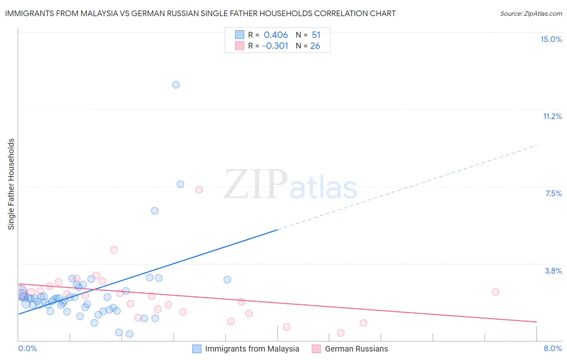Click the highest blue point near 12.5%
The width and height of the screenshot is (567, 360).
(x=176, y=85)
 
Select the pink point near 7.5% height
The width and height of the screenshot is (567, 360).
(x=199, y=190)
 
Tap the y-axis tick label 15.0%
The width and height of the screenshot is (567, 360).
(x=551, y=39)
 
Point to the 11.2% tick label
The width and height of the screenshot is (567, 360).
(x=552, y=116)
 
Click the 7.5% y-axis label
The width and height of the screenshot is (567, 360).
(x=553, y=193)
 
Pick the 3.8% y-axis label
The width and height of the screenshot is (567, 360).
(x=553, y=271)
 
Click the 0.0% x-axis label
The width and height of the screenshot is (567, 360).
(x=28, y=348)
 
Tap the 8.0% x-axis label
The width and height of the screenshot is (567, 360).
(x=552, y=348)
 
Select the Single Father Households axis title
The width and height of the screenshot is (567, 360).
(x=11, y=184)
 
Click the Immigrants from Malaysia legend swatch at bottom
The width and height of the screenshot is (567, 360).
(x=197, y=349)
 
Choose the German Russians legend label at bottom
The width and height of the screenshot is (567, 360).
(x=356, y=349)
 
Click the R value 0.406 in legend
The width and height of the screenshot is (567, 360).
(x=276, y=35)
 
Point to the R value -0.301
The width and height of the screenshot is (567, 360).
(x=275, y=46)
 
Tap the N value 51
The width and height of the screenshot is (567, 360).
(x=316, y=35)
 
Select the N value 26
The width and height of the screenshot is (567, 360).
(x=315, y=46)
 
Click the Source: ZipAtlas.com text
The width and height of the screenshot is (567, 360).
(x=531, y=14)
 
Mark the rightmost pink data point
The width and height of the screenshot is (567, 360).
(x=495, y=292)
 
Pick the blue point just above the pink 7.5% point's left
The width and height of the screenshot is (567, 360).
(x=180, y=184)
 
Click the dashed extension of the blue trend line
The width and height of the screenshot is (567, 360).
(x=407, y=187)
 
